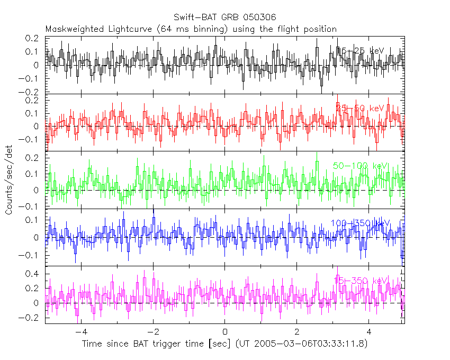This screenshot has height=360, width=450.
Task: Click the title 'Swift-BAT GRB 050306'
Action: click(x=224, y=18)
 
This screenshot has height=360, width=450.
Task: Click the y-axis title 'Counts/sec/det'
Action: click(x=9, y=180)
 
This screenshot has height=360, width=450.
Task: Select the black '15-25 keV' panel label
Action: click(x=361, y=50)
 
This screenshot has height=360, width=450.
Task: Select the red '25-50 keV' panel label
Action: click(x=361, y=108)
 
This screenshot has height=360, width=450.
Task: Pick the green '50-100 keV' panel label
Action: click(x=361, y=166)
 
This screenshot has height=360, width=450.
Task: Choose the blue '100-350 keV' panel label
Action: click(x=361, y=223)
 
